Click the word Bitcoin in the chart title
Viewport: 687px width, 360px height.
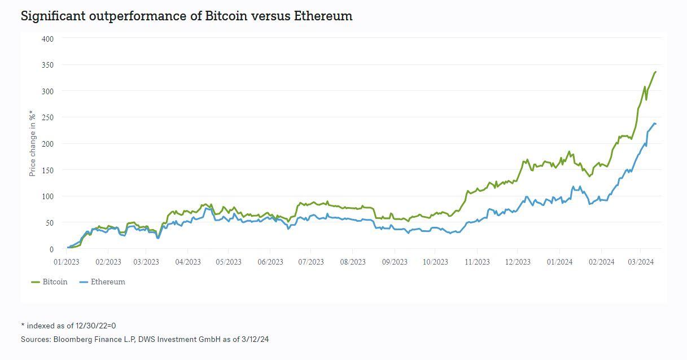pos(226,16)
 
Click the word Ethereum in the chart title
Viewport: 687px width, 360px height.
pos(323,16)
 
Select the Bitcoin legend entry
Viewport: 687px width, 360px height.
pos(49,282)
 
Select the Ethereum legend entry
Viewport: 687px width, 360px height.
pos(102,282)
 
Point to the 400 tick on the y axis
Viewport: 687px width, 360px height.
pos(47,39)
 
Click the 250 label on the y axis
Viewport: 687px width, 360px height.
pos(47,117)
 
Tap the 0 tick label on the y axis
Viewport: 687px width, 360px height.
pos(51,249)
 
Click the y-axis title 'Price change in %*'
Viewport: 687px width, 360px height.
pos(32,143)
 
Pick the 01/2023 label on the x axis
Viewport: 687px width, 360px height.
pos(66,262)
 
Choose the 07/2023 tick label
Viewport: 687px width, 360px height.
pos(311,262)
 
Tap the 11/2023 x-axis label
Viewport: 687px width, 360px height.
pos(477,262)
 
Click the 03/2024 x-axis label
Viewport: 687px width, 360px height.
pos(641,262)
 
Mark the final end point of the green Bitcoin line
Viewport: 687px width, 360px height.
pos(655,72)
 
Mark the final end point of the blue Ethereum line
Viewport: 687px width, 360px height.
pos(655,124)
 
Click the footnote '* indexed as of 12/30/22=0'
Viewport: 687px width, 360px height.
pos(68,326)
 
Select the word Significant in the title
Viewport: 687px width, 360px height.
pos(53,16)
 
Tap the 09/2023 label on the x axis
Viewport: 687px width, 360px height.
pos(395,262)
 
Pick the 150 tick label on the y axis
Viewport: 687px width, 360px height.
pos(47,170)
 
